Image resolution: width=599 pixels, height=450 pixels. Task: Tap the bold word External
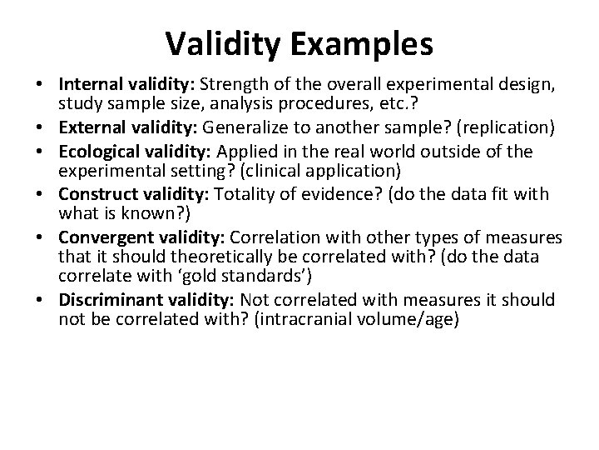[x=91, y=128]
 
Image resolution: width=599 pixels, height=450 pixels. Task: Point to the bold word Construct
[x=93, y=193]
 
